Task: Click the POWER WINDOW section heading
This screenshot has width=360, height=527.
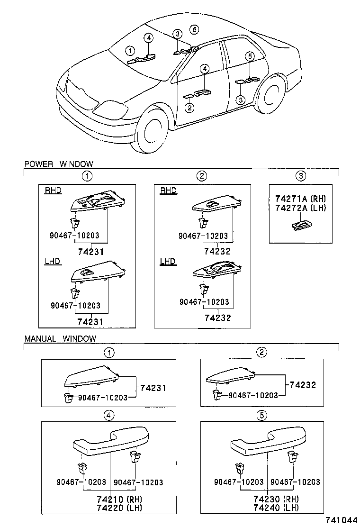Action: coord(59,164)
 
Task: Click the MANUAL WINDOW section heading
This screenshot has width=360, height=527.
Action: coord(61,338)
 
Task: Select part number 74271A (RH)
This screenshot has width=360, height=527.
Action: coord(301,199)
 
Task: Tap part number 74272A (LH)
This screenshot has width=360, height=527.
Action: coord(301,208)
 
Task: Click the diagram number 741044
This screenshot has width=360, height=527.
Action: coord(341,520)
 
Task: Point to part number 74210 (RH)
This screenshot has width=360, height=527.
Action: coord(119,499)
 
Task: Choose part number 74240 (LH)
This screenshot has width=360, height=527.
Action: coord(276,508)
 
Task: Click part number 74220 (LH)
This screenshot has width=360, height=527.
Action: coord(119,508)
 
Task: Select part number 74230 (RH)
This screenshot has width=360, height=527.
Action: coord(276,499)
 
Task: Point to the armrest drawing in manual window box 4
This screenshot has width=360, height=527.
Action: coord(111,441)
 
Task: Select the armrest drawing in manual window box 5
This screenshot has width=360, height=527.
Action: coord(269,441)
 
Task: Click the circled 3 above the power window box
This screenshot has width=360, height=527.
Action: coord(301,176)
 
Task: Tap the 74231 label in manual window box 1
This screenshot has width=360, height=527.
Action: coord(153,388)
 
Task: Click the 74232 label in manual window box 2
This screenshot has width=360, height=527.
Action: coord(303,385)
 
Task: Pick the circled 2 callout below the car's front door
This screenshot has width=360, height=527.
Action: coord(190,108)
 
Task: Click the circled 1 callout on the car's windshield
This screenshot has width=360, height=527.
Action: coord(130,51)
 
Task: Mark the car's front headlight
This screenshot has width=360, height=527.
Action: coord(110,108)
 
